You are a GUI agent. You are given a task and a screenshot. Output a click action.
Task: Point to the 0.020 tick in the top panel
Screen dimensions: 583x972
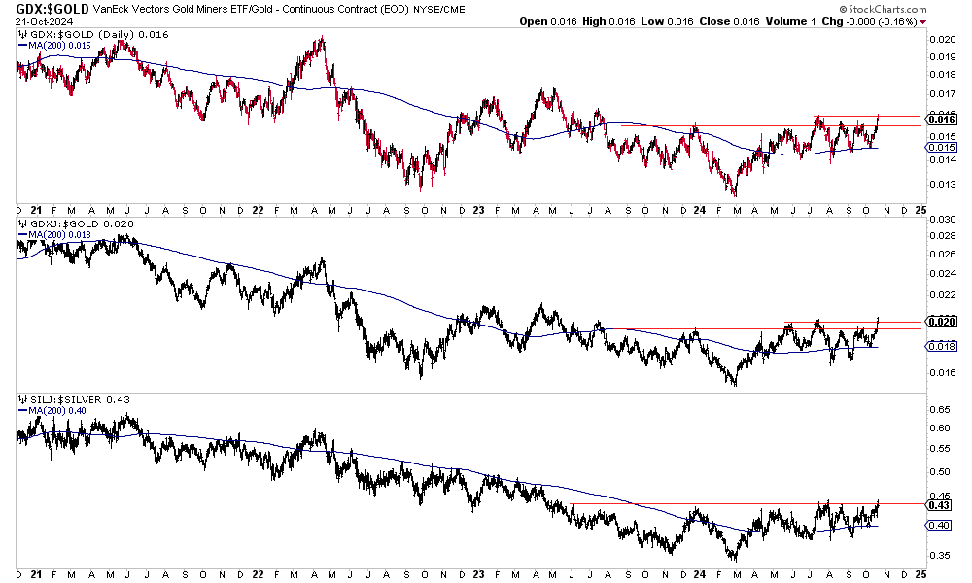click(940, 40)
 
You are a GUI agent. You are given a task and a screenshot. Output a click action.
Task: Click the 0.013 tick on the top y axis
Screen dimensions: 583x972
click(940, 185)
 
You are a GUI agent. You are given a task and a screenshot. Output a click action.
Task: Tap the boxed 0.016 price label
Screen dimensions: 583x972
click(940, 120)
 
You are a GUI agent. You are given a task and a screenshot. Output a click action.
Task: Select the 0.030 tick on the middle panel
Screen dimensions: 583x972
click(940, 220)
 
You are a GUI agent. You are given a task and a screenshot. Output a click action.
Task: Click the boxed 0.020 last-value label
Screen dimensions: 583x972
click(940, 321)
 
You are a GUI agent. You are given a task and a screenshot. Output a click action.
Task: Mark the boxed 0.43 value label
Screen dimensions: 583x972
click(938, 504)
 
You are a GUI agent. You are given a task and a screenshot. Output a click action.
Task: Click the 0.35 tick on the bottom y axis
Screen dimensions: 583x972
click(938, 556)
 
